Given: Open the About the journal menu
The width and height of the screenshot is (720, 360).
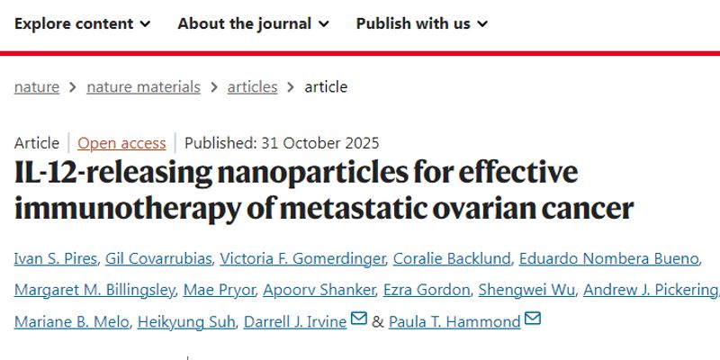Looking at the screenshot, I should coord(253,23).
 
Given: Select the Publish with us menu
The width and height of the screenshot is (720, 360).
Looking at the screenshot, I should coord(421,23).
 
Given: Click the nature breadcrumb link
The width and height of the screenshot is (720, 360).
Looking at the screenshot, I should coord(37,87).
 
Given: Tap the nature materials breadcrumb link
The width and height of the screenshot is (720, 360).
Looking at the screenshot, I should coord(143,87).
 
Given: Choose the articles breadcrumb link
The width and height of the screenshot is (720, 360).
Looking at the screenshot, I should coord(252,87).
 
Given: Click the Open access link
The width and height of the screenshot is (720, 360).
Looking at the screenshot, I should coord(121,143).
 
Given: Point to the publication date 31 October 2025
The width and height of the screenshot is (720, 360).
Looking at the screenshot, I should coord(319,143).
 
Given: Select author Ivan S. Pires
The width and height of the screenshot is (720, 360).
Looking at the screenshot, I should coord(52,259).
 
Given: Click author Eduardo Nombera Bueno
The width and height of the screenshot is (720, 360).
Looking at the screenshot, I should coord(609,259).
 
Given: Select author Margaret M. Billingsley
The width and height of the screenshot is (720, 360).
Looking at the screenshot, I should coord(94,290).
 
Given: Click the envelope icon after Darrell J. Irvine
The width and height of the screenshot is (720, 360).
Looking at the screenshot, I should coord(359,319).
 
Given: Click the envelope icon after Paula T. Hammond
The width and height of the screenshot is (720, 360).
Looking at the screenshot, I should coord(532,319).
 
